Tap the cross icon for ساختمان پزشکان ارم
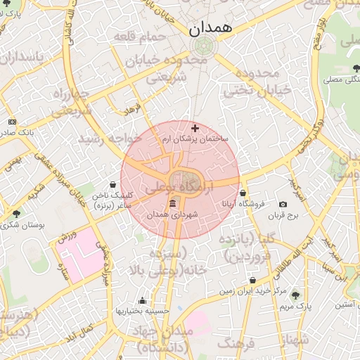pos(195,128)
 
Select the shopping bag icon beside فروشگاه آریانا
pos(243,193)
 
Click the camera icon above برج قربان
pos(283,204)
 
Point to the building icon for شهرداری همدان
pos(173,204)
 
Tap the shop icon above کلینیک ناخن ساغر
pos(113,185)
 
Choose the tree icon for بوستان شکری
pos(17,214)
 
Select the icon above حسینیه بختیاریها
pos(143,300)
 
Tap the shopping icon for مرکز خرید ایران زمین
pos(252,280)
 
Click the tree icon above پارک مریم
pos(295,295)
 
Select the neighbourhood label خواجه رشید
pos(112,139)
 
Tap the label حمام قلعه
pos(143,37)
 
